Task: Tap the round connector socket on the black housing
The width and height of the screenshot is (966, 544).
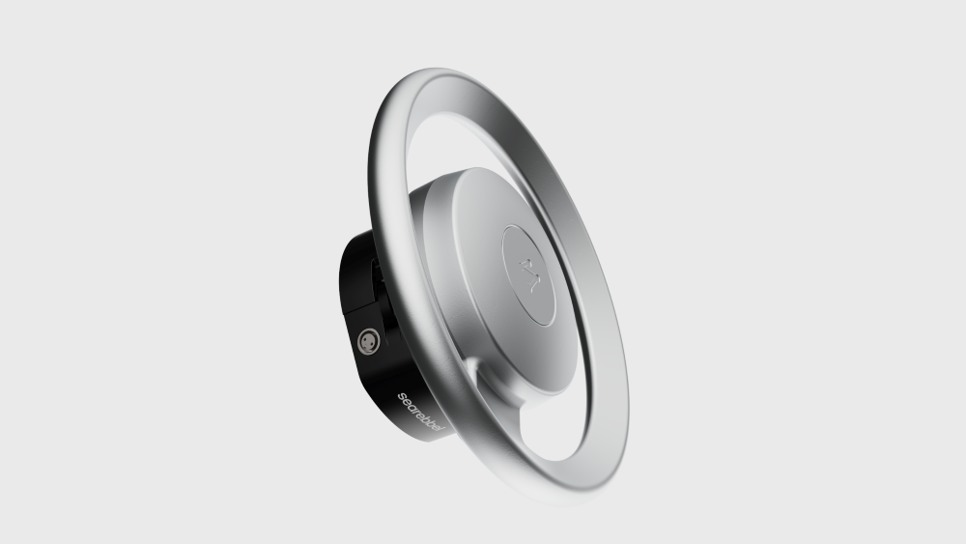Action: [x=368, y=340]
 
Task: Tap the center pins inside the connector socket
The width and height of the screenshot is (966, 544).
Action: [x=368, y=340]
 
